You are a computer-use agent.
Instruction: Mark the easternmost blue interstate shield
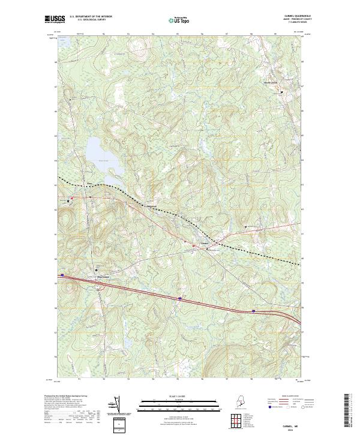pos(254,311)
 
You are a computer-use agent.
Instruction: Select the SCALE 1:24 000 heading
pos(178,397)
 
